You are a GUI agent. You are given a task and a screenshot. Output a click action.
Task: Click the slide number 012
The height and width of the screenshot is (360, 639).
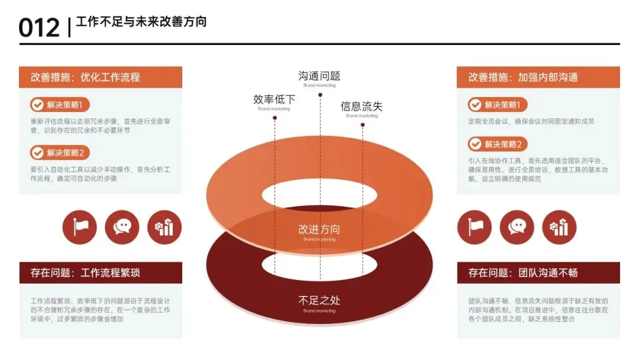point(39,28)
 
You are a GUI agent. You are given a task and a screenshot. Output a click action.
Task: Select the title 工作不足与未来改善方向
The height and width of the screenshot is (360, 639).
point(141,22)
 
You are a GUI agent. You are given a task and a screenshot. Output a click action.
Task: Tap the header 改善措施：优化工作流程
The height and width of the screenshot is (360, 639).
point(85,77)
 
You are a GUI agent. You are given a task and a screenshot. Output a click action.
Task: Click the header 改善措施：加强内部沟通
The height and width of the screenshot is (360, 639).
point(523,77)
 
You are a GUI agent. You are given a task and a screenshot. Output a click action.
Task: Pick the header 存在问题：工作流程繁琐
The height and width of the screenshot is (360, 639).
point(85,273)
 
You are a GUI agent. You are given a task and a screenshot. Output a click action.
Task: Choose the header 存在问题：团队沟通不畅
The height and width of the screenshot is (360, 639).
point(523,273)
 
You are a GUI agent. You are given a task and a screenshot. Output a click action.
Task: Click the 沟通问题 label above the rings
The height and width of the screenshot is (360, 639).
point(319,76)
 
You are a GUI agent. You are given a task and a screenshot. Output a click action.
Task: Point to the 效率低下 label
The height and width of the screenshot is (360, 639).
point(274,100)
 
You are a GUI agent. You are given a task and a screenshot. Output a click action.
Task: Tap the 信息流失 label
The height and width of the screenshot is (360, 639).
point(362,107)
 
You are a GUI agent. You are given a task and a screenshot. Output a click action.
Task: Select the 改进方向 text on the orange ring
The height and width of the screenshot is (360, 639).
point(319,229)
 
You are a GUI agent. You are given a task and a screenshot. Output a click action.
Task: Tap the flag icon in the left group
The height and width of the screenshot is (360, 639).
point(79,227)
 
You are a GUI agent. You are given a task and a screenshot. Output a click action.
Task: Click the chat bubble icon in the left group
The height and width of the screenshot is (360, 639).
point(122,227)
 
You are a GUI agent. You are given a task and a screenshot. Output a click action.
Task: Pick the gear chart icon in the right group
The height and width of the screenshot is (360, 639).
point(559,227)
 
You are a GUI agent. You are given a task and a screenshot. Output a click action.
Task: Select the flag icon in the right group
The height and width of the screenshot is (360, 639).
point(475,227)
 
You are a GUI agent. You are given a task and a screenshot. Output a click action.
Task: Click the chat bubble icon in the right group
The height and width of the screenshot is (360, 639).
point(517,227)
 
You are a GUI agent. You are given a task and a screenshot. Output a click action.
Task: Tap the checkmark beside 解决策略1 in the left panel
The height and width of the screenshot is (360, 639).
point(38,105)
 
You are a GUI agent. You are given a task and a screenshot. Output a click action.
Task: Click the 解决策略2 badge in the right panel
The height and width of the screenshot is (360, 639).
point(498,144)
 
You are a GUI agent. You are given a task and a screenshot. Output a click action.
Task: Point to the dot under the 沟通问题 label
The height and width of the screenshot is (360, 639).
point(320,94)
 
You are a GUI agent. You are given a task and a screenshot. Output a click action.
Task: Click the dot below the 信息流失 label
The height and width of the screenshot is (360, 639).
point(362,125)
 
